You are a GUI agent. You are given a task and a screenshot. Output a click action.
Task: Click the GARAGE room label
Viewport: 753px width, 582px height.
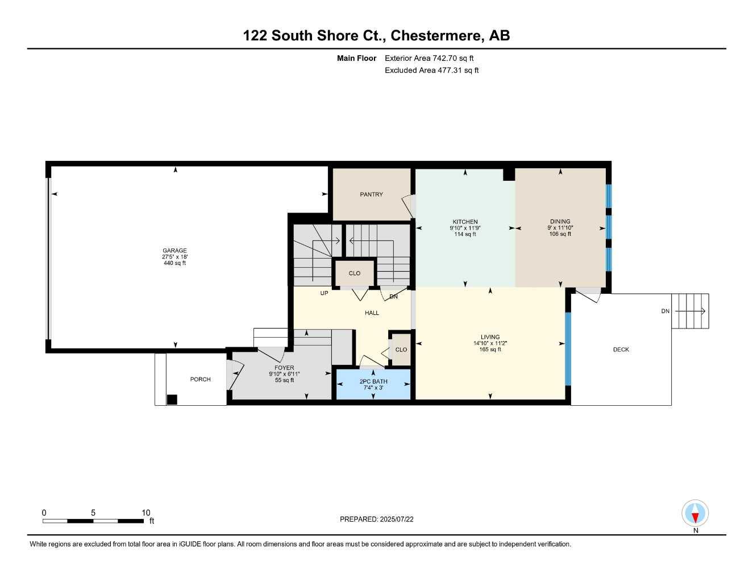(x=174, y=251)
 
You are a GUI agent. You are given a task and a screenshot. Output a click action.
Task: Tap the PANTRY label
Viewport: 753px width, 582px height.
(x=371, y=194)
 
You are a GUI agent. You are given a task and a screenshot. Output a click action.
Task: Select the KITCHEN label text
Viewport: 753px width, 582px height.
(x=465, y=222)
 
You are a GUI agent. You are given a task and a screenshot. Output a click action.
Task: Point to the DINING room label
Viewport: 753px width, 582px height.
(x=560, y=222)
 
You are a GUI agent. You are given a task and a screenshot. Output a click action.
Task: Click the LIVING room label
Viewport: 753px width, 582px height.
(x=490, y=337)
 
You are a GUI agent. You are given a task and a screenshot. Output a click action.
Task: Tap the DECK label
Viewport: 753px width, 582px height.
(x=621, y=350)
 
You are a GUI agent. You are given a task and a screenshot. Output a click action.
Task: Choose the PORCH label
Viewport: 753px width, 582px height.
(x=200, y=379)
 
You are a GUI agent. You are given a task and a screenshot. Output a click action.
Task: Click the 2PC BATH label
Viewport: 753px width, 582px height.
(x=373, y=381)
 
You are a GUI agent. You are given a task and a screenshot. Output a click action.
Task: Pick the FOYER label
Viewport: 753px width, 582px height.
(x=284, y=368)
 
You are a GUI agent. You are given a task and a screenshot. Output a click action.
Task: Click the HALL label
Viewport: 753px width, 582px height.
(x=372, y=313)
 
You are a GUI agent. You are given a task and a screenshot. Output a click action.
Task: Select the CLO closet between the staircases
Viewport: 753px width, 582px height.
(x=355, y=273)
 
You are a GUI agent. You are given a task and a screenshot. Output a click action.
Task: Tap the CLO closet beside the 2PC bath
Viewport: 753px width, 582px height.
(x=401, y=350)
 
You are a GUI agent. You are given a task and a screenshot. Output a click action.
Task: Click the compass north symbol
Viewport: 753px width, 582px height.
(x=695, y=514)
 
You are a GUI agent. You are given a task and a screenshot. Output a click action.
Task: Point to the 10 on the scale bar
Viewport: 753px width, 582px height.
(x=146, y=513)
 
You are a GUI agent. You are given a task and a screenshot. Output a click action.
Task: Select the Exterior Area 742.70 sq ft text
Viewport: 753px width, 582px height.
(x=429, y=58)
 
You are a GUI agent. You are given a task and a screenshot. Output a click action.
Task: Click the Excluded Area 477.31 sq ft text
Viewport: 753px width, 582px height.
(x=431, y=70)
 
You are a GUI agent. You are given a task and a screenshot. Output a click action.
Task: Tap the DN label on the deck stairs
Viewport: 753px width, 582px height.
(x=665, y=311)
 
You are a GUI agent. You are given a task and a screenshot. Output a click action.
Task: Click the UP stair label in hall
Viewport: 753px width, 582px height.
(x=324, y=293)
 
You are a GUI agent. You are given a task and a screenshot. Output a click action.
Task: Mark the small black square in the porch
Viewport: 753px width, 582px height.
(x=172, y=400)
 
